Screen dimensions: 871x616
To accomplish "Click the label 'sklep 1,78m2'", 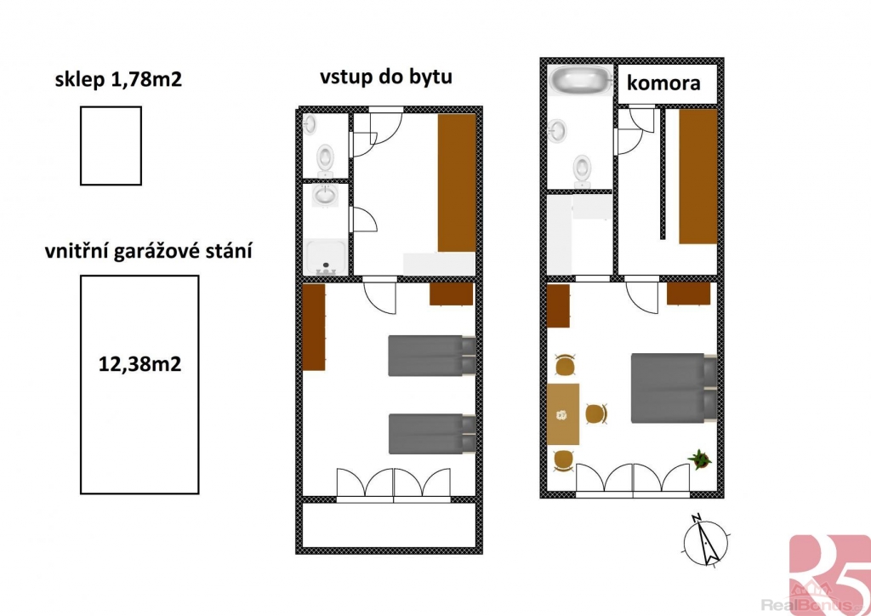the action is pos(118,79).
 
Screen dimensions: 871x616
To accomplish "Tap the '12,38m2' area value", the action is pos(139,364).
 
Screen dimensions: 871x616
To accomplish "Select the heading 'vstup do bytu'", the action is pos(386,76).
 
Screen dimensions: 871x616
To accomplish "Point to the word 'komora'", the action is pos(663,83).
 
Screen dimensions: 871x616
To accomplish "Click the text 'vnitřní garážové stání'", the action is pos(148,250).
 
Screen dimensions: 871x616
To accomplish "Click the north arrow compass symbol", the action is pos(705,542).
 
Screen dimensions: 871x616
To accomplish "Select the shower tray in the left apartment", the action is pos(326,257).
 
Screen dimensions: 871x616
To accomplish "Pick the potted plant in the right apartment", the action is pos(700,459).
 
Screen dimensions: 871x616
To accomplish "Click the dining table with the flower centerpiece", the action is pos(563,414).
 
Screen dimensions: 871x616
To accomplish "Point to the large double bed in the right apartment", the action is pos(674,388).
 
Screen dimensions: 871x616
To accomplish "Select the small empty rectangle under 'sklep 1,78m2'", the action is pos(111,145).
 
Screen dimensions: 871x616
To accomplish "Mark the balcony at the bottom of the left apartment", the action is pos(389,525).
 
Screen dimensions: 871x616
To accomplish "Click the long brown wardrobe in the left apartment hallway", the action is pos(457,183).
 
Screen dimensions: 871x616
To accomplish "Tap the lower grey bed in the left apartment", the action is pos(432,434).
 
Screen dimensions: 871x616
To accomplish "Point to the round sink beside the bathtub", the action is pos(558,131).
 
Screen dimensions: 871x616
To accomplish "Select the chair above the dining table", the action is pos(565,365).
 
